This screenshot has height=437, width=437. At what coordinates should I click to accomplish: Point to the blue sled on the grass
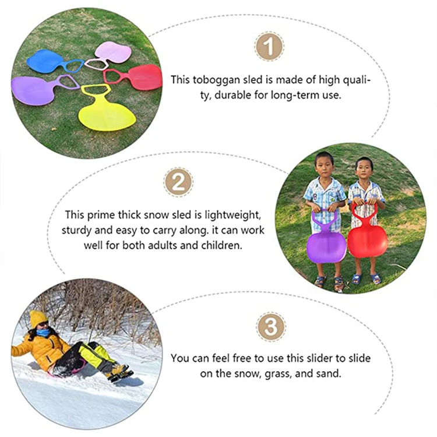click(x=44, y=61)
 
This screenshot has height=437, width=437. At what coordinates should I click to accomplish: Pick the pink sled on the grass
click(x=114, y=52)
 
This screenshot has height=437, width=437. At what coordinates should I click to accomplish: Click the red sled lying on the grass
click(x=142, y=76)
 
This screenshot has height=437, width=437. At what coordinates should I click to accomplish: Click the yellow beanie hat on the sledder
click(x=38, y=318)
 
